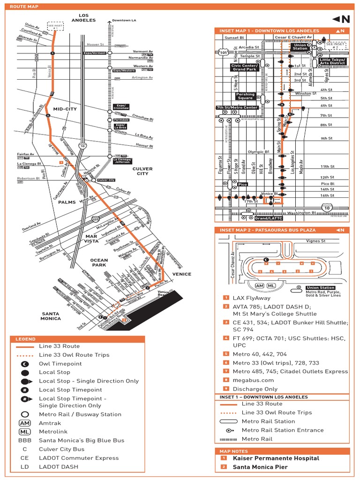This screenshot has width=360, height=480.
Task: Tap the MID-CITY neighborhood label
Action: [65, 109]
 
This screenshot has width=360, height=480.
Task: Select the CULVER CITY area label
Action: [140, 171]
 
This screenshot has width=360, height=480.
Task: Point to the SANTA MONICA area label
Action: [51, 316]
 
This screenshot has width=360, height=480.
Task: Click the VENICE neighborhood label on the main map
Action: [182, 274]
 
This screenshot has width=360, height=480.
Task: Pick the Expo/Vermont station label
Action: [95, 53]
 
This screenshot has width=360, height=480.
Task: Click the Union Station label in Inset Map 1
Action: [300, 46]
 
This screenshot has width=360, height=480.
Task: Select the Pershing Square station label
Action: [245, 96]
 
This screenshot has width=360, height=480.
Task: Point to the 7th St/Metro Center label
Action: [237, 107]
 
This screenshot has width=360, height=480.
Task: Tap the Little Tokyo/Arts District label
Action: [332, 61]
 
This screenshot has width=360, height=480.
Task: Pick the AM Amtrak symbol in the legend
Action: [24, 423]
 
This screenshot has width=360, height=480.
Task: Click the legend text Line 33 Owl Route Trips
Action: [74, 355]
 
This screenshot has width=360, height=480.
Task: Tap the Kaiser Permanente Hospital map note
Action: [276, 458]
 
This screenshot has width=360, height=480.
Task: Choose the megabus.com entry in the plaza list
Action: [253, 380]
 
